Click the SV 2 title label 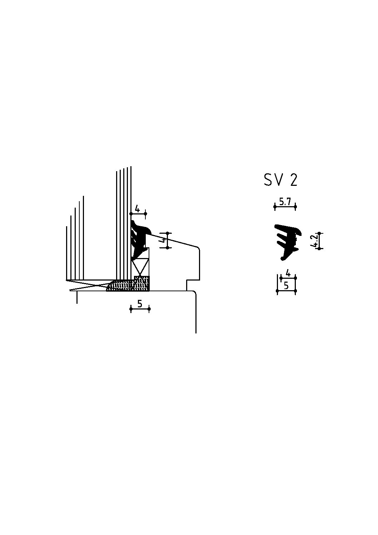[x=280, y=180]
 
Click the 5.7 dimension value [x=285, y=202]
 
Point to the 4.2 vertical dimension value [x=315, y=241]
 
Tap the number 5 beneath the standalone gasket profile [x=286, y=286]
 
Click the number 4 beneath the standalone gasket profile [x=288, y=273]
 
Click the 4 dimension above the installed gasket [x=137, y=209]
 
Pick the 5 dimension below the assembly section [x=140, y=304]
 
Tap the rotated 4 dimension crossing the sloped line [x=164, y=240]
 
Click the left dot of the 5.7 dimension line [x=275, y=206]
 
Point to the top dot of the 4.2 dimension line [x=319, y=233]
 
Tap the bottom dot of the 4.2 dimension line [x=319, y=249]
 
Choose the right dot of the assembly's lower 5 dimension [x=149, y=309]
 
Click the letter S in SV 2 [x=268, y=180]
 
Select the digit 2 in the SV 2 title [x=294, y=180]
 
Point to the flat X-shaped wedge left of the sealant [x=88, y=285]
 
